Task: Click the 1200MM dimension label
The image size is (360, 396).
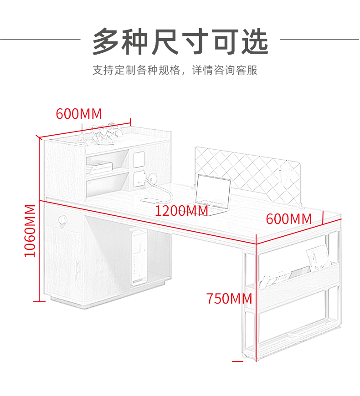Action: [x=181, y=211]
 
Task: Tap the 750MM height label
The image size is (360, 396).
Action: [x=229, y=299]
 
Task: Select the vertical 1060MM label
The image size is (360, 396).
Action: [x=30, y=230]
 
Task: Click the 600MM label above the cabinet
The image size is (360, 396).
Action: [x=79, y=114]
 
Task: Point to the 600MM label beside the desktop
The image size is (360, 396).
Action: [x=289, y=218]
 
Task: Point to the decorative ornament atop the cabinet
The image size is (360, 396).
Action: [x=106, y=133]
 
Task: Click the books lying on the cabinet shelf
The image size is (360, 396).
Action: [x=99, y=167]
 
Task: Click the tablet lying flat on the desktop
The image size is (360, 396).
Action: [x=152, y=199]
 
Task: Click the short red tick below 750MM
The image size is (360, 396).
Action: [x=237, y=361]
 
